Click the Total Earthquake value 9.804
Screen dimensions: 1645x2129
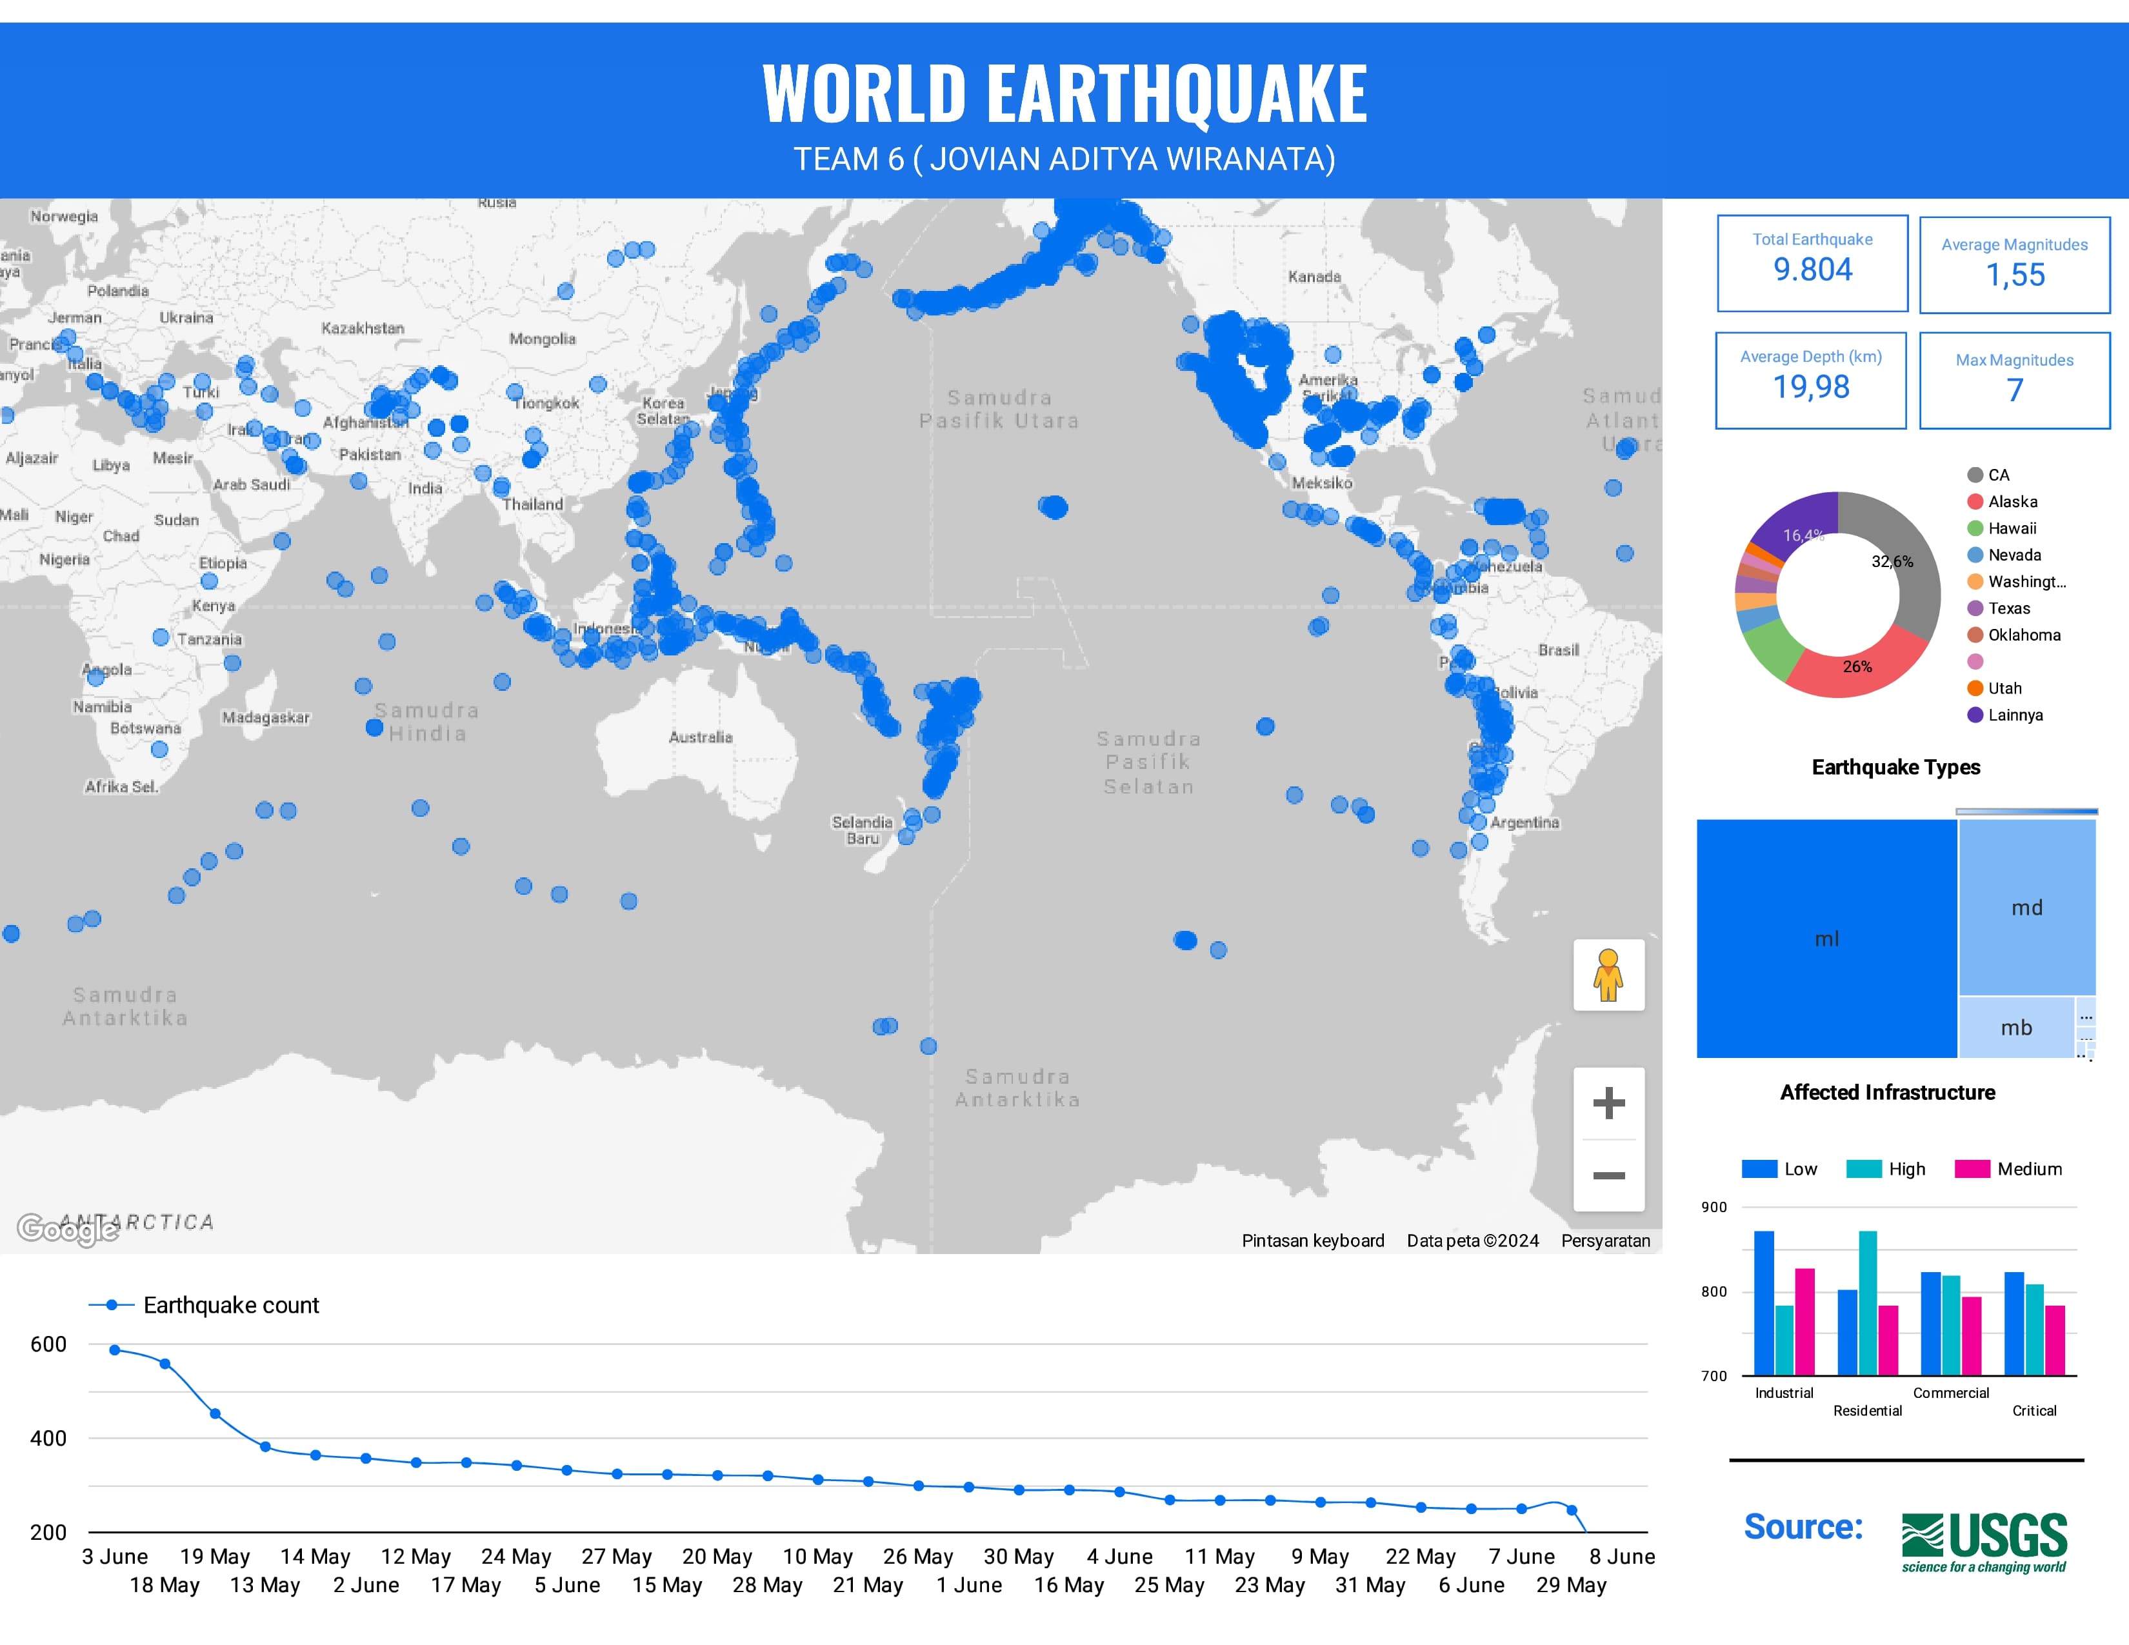1812,270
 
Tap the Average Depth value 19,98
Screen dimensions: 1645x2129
1810,388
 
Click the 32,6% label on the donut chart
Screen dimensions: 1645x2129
1891,561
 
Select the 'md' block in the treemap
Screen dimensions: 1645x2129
2026,907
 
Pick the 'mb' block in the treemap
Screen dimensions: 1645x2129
2016,1027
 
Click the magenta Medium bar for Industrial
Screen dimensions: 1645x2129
1804,1321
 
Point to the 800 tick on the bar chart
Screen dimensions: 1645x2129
1714,1292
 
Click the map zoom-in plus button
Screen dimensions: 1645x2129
1608,1103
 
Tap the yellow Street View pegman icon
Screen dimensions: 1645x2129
1608,975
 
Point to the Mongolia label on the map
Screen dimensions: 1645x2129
542,339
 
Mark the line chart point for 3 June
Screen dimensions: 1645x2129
115,1350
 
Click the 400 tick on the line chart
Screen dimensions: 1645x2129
49,1439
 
